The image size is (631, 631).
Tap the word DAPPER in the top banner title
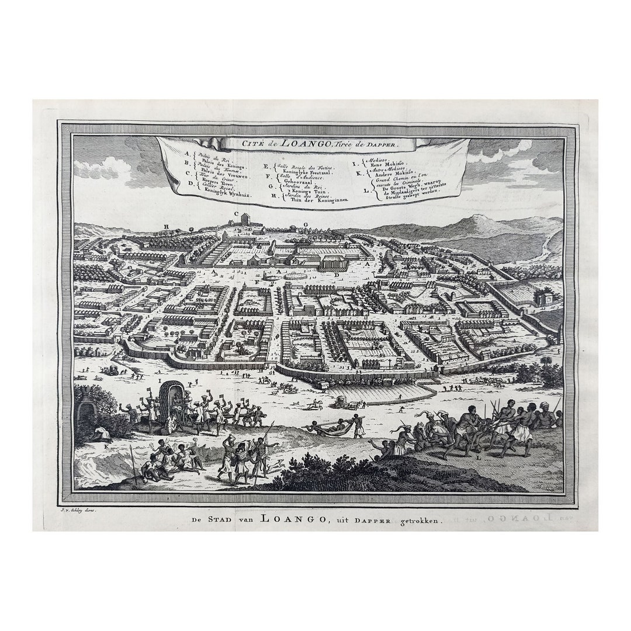click(x=383, y=143)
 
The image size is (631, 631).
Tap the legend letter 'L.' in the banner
click(x=366, y=190)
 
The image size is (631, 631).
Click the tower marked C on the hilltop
click(x=245, y=220)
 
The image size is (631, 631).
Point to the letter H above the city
click(x=167, y=227)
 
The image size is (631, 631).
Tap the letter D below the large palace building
click(x=337, y=275)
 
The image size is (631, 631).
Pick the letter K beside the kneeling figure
click(x=106, y=446)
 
